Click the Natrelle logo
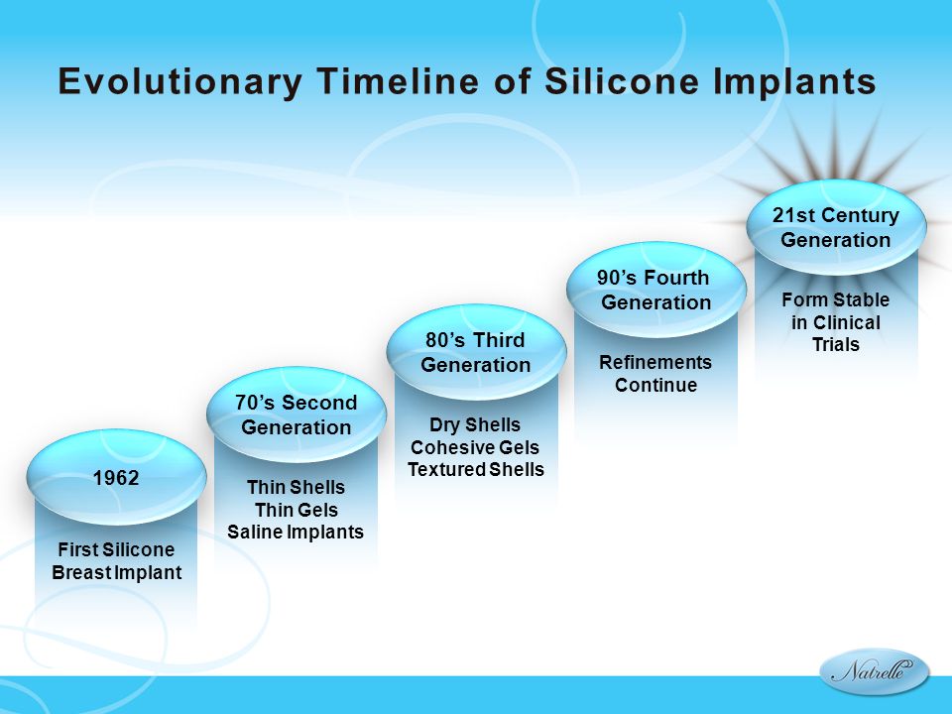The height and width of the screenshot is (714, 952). (x=875, y=671)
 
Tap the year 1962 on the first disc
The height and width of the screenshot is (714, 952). (x=116, y=478)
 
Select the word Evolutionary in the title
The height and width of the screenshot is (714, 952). (x=179, y=82)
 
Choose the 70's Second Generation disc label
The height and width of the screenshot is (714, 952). (x=297, y=415)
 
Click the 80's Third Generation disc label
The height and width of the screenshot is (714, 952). (x=475, y=352)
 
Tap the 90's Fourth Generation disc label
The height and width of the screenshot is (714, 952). (x=655, y=290)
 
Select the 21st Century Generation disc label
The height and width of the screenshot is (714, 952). (x=835, y=227)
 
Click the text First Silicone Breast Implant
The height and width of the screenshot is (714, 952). (x=117, y=561)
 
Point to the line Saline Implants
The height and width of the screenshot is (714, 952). (x=296, y=532)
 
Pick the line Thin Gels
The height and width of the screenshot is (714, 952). (x=297, y=510)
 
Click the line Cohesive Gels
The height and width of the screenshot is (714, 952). (x=475, y=447)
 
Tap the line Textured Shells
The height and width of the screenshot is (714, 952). (x=475, y=469)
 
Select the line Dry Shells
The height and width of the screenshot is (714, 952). (x=475, y=425)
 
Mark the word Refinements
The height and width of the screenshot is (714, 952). (x=655, y=362)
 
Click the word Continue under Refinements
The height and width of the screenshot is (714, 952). (x=655, y=385)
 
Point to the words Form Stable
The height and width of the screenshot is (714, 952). (x=835, y=299)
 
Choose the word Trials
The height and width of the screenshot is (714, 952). (x=836, y=344)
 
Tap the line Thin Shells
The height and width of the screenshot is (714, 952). (x=296, y=487)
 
